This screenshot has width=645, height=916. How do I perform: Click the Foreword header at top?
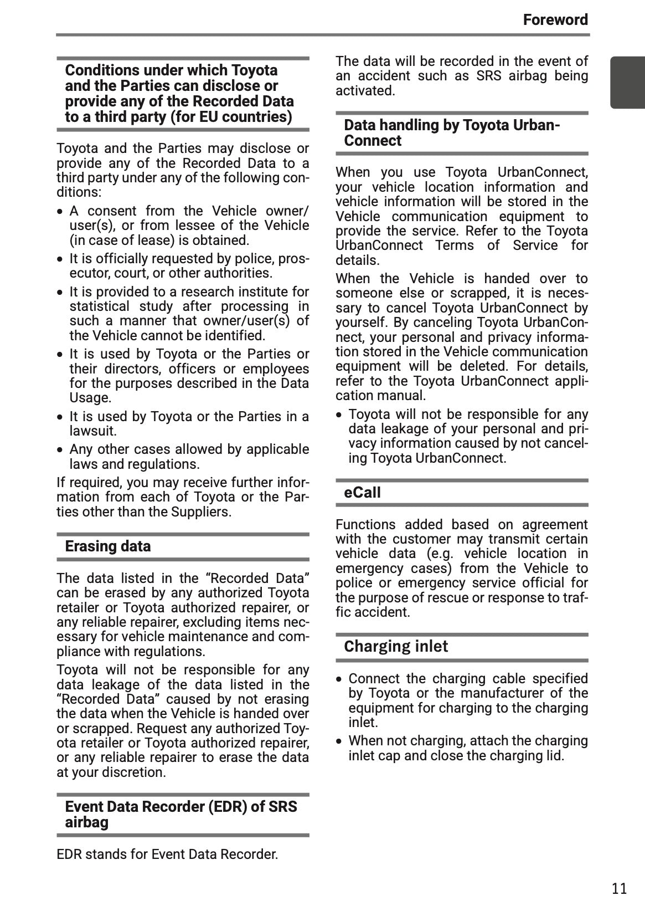pos(555,20)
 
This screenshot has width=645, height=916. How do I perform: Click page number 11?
pos(619,888)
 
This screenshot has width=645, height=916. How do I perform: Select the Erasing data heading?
pos(107,546)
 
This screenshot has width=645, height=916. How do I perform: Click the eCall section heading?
pos(362,492)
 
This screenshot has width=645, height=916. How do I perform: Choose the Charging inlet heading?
pos(395,646)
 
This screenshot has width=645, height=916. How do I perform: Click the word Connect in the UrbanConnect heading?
pos(372,141)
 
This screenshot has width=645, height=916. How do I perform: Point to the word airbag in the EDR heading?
pos(87,822)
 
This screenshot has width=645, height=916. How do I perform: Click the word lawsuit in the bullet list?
pos(92,431)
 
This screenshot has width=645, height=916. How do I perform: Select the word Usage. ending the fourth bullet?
pos(90,398)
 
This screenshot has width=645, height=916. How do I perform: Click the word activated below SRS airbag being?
pos(365,91)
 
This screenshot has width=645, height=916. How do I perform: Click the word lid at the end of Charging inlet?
pos(554,756)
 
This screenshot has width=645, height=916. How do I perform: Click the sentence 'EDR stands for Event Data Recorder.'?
pos(167,854)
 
